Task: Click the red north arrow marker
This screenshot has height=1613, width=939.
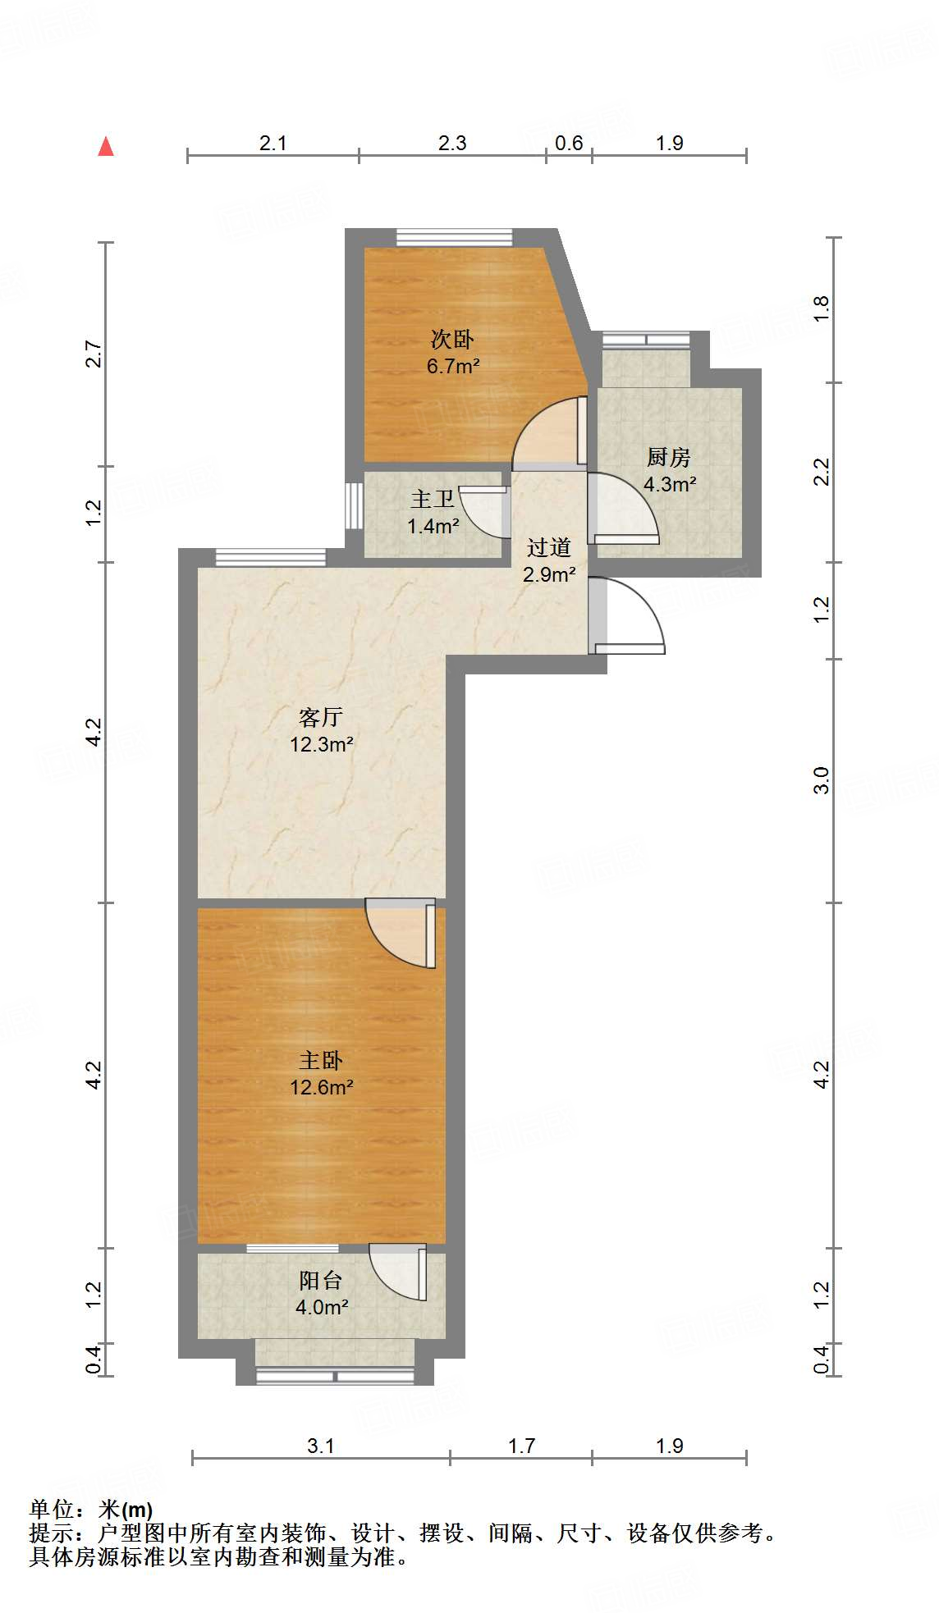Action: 106,147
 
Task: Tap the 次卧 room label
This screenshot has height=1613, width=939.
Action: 452,339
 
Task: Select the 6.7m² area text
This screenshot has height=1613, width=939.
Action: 452,366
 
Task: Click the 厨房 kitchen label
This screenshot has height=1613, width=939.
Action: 668,457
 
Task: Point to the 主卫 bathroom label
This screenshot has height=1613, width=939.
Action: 433,499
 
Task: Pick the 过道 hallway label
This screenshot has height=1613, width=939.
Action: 548,547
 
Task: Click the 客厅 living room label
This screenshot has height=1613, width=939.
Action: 321,717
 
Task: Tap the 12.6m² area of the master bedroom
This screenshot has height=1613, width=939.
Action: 321,1087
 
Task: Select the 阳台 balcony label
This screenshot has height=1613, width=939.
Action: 321,1280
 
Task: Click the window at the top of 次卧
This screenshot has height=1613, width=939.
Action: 454,237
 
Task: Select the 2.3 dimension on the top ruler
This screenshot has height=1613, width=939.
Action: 452,143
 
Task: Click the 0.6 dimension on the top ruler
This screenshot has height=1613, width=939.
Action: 569,143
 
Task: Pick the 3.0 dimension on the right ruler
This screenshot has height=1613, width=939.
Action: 822,779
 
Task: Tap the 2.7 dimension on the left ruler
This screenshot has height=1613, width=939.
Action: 94,354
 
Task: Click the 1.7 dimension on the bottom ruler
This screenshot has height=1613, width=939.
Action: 521,1446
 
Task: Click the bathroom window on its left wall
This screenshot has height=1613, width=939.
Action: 354,505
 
